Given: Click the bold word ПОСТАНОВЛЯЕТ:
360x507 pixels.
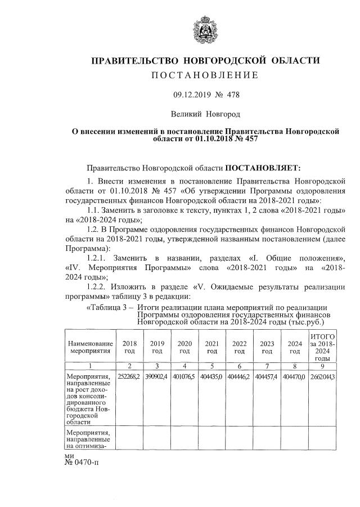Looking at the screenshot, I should [263, 168].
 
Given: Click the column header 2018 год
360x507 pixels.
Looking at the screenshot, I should [129, 347].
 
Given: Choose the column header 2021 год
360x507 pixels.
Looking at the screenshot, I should [211, 347].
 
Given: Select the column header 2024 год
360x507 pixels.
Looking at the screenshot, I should [294, 347].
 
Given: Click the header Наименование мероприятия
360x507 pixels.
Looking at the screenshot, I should [90, 347].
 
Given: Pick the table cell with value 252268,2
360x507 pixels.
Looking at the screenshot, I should [129, 376].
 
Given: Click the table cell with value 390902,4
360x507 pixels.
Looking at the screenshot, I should [157, 376].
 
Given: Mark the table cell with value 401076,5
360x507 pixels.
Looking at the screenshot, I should [184, 376].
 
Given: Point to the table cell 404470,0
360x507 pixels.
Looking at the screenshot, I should [294, 376].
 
